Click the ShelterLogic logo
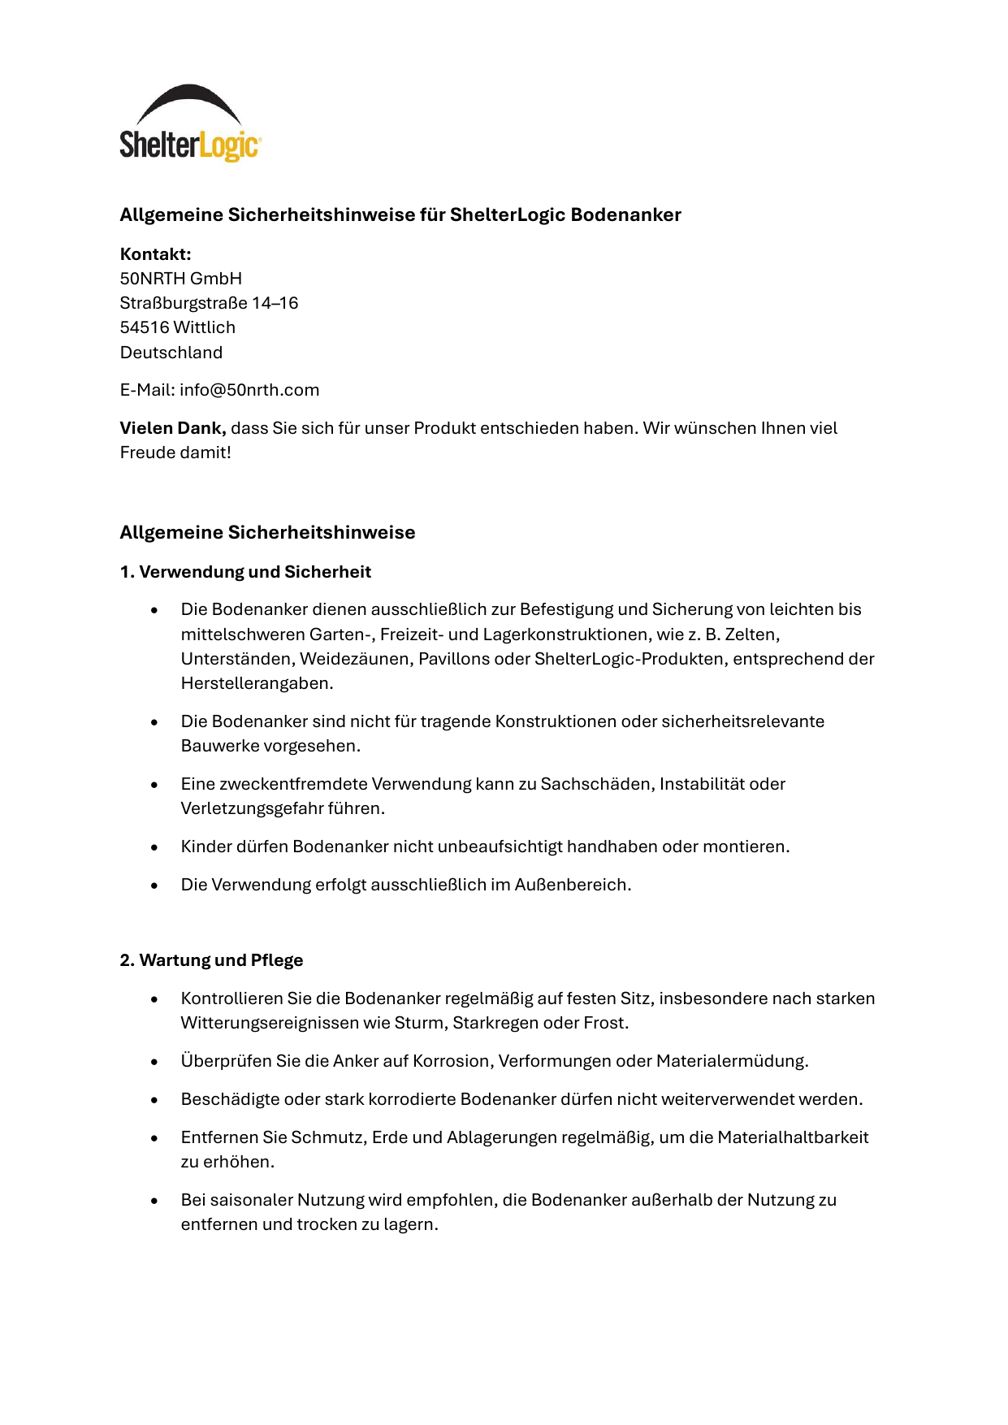pyautogui.click(x=190, y=123)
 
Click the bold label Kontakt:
pyautogui.click(x=155, y=254)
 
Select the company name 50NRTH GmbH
pyautogui.click(x=180, y=279)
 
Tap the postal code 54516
pyautogui.click(x=144, y=327)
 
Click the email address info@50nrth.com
pyautogui.click(x=249, y=390)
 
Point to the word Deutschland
pyautogui.click(x=171, y=353)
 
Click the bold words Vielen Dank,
pyautogui.click(x=172, y=428)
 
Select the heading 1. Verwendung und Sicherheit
pyautogui.click(x=244, y=572)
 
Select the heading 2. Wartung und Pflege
pyautogui.click(x=211, y=960)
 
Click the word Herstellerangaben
pyautogui.click(x=256, y=683)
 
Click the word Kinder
pyautogui.click(x=205, y=847)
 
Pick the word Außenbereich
pyautogui.click(x=572, y=885)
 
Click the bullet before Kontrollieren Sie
pyautogui.click(x=154, y=999)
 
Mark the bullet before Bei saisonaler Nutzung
pyautogui.click(x=154, y=1201)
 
